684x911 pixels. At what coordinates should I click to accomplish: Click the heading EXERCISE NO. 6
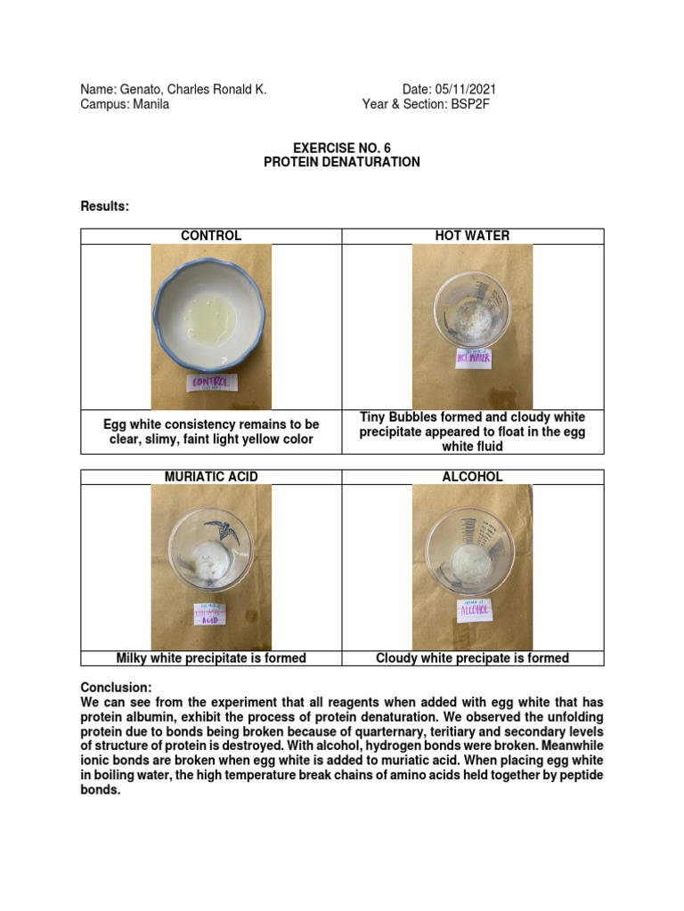click(342, 148)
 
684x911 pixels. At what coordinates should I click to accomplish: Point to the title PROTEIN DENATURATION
click(342, 163)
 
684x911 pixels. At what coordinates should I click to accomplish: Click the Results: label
click(105, 206)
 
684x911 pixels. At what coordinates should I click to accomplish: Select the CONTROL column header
click(211, 236)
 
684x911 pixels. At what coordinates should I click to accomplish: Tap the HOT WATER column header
click(473, 236)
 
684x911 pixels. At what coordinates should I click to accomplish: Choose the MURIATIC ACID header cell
click(211, 477)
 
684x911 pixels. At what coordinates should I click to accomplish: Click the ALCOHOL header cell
click(473, 477)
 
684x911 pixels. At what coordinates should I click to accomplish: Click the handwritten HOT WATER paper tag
click(473, 358)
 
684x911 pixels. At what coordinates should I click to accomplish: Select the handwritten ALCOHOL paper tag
click(473, 610)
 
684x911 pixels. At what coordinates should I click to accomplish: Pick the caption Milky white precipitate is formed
click(211, 658)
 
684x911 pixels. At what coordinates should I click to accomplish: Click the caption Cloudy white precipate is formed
click(473, 658)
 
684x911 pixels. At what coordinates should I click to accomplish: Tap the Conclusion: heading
click(117, 688)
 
